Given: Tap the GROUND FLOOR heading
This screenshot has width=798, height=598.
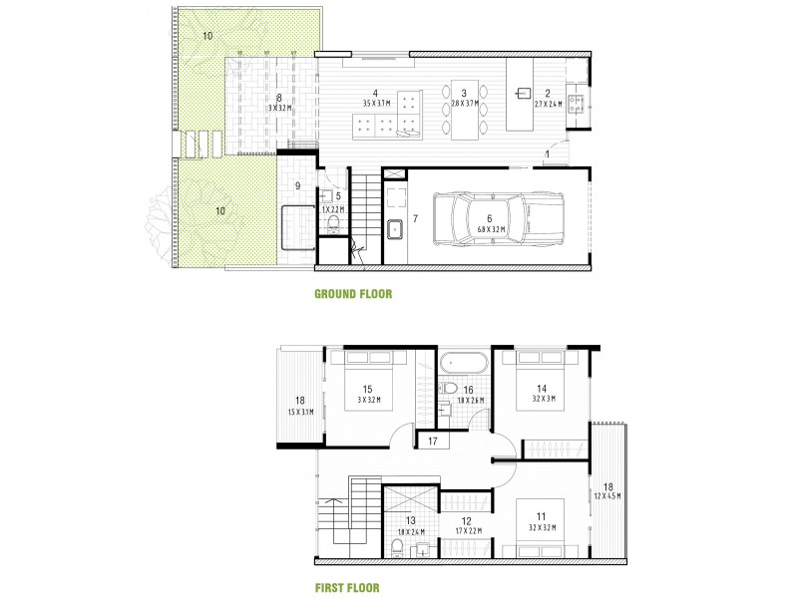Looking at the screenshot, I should tap(353, 294).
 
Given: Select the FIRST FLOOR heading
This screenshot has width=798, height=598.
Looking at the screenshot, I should tap(346, 588).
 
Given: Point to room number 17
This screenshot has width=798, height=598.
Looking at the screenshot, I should tap(432, 440).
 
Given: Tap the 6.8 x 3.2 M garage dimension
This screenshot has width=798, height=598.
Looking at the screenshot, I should tap(490, 228).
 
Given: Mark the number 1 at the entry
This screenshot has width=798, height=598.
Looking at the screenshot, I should tap(548, 154).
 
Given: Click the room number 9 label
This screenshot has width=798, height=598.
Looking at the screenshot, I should tap(296, 185).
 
